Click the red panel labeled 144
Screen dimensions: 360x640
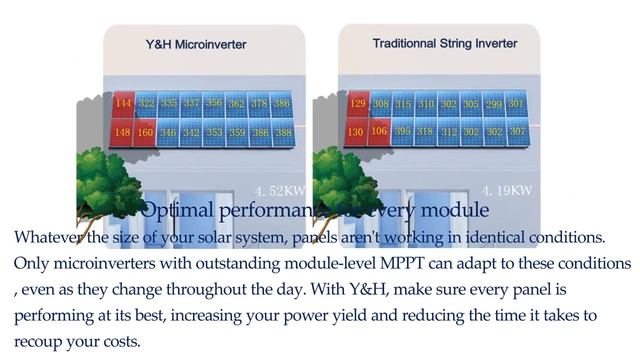click(x=123, y=103)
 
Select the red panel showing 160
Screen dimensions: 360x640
click(x=146, y=131)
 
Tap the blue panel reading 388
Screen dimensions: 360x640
click(x=283, y=131)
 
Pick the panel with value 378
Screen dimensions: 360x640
click(x=259, y=103)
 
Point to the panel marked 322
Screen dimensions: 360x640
click(x=146, y=103)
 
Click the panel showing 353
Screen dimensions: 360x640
click(x=214, y=131)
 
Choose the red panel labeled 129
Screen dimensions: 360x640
click(x=357, y=103)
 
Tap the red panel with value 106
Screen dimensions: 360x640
click(x=380, y=131)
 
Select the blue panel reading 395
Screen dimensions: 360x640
click(x=403, y=131)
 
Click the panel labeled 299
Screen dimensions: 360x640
click(x=493, y=103)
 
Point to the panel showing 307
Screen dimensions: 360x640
click(x=517, y=131)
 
